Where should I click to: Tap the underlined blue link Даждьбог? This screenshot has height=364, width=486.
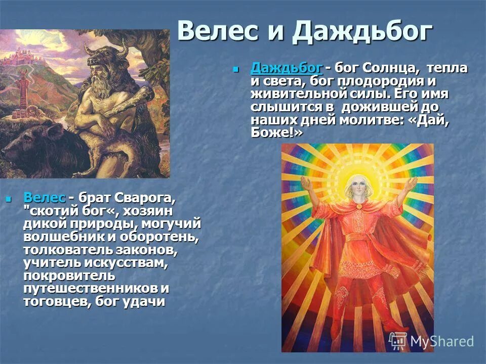(x=286, y=68)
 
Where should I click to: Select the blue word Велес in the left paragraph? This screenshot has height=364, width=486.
(x=45, y=197)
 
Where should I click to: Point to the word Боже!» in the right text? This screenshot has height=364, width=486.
(x=276, y=132)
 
